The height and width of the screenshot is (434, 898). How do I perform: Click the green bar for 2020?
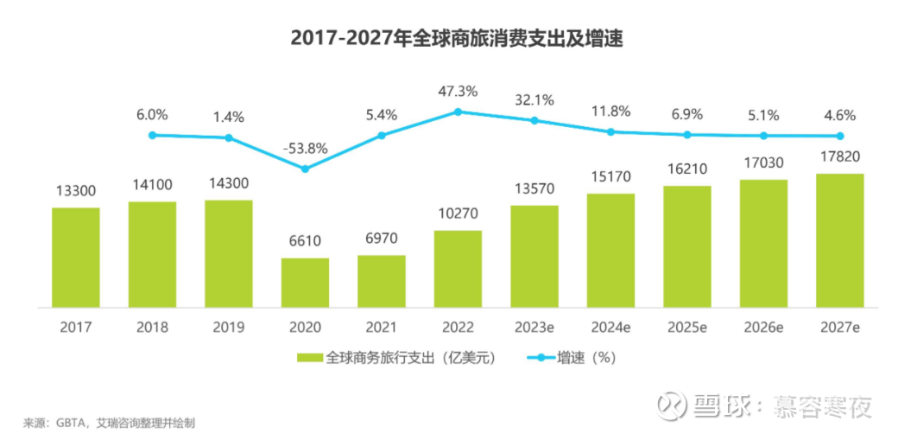(x=305, y=283)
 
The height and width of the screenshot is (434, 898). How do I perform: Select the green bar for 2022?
(x=458, y=269)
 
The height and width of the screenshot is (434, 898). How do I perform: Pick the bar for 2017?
(x=76, y=258)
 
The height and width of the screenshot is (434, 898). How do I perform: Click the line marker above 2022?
(x=458, y=112)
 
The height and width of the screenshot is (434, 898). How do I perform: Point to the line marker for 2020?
(x=305, y=169)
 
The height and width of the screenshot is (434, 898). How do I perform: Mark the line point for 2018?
(x=152, y=135)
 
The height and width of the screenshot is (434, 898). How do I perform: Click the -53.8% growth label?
(x=305, y=148)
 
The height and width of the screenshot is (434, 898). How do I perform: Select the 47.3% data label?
(x=458, y=91)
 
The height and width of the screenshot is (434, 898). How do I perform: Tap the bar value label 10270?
(x=458, y=214)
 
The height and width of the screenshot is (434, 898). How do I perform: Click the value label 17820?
(x=840, y=156)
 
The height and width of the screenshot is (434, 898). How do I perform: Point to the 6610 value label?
(x=305, y=241)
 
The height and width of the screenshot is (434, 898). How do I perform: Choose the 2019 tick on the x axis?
(x=229, y=328)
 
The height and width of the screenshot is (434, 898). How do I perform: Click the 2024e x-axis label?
(x=610, y=328)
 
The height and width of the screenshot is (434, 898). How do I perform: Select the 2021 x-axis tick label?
(x=382, y=328)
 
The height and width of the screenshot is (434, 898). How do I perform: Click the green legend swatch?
(x=310, y=357)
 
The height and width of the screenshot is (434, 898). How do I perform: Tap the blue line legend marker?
(x=539, y=357)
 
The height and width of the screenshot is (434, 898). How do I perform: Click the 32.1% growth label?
(x=534, y=99)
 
